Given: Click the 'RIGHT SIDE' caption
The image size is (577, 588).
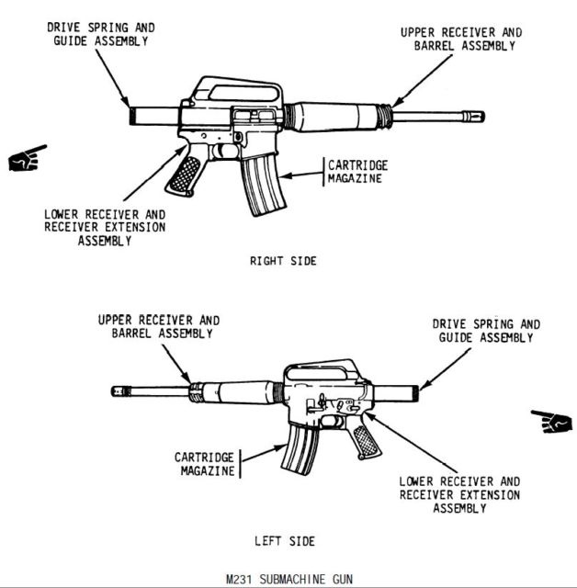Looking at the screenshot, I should point(283,262).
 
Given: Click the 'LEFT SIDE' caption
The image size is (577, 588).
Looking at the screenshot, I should point(284,541).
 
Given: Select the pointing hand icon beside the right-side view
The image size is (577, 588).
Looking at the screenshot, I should point(27,158).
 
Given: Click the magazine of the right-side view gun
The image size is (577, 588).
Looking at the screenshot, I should point(261,184).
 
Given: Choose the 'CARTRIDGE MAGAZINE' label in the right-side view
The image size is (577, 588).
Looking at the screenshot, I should point(357,171).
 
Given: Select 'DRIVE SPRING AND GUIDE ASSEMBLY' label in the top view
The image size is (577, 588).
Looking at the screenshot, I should point(100,34).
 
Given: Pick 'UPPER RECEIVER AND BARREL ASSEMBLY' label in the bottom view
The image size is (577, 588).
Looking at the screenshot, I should point(158,327).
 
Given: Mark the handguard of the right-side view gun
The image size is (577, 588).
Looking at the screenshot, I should point(334,117).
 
